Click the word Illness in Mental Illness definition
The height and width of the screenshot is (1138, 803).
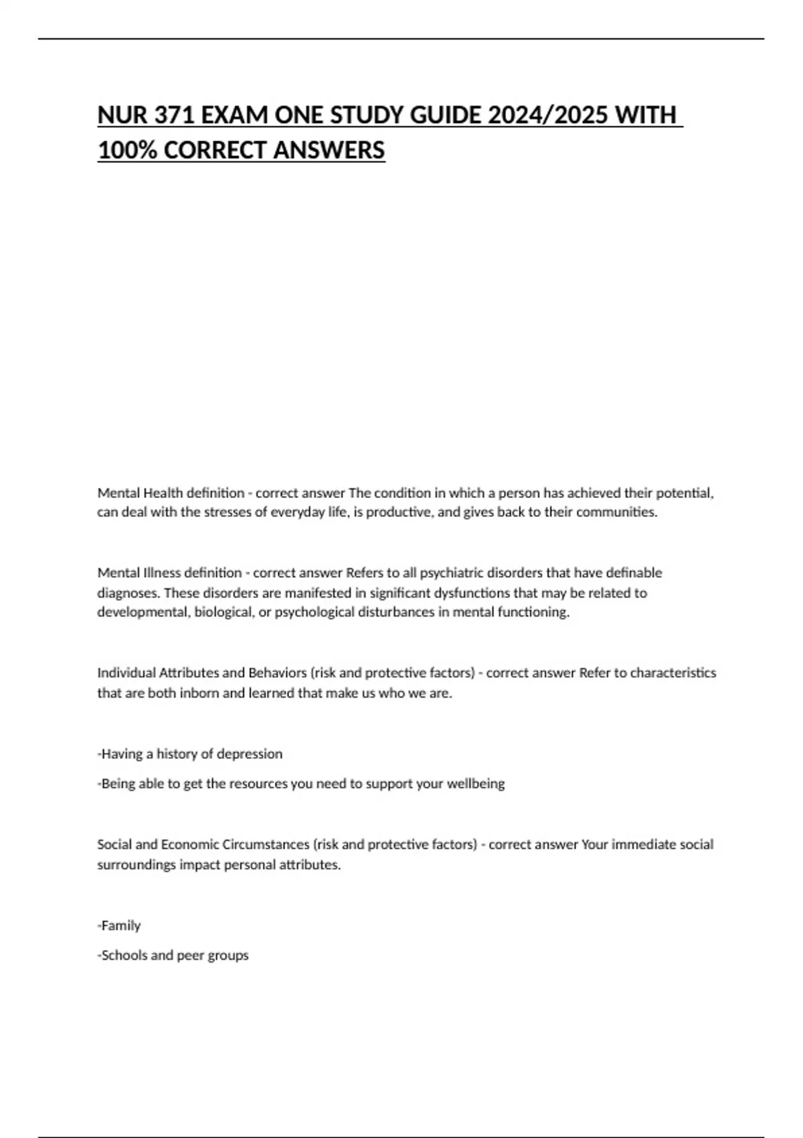(159, 573)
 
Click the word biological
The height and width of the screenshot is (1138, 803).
(224, 613)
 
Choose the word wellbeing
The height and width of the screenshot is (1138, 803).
(476, 784)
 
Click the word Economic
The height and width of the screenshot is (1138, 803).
(189, 845)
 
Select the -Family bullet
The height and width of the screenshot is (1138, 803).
(120, 926)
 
